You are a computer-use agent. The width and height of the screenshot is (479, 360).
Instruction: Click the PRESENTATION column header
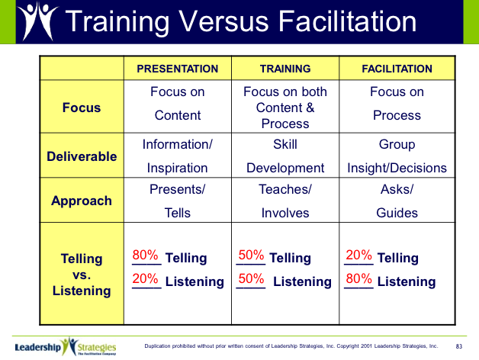coord(178,69)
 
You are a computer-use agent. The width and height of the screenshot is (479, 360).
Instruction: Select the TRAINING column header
coord(285,69)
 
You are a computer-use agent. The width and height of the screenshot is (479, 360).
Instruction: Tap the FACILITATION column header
coord(397,69)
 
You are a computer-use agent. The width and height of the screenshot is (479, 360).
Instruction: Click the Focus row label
coord(82,108)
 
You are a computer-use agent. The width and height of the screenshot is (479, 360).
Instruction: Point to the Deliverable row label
coord(82,156)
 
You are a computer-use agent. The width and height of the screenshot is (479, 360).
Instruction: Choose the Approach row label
coord(82,201)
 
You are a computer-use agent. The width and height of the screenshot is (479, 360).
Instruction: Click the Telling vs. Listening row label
coord(82,275)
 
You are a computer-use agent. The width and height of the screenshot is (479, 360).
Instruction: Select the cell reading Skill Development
coord(285,156)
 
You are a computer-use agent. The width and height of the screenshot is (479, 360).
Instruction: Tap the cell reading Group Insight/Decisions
coord(397,156)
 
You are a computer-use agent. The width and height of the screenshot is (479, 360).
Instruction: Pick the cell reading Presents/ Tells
coord(178,201)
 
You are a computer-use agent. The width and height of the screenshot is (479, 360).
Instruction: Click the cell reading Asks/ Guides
coord(397,201)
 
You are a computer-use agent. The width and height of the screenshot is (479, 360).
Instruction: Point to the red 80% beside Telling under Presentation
coord(145,255)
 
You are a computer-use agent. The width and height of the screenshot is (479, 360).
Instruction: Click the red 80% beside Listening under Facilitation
coord(359,278)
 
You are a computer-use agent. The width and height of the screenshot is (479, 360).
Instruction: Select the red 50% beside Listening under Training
coord(251,278)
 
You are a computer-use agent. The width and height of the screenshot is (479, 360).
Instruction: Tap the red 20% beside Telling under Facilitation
coord(359,255)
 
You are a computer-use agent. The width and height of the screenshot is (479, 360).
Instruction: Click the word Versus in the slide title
coord(223,21)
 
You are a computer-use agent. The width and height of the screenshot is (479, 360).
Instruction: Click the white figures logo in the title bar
coord(37,21)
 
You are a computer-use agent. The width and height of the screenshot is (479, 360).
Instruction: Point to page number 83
coord(459,346)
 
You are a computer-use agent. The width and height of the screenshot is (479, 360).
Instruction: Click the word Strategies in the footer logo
coord(97,348)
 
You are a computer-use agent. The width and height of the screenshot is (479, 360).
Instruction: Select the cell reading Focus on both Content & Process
coord(285,108)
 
